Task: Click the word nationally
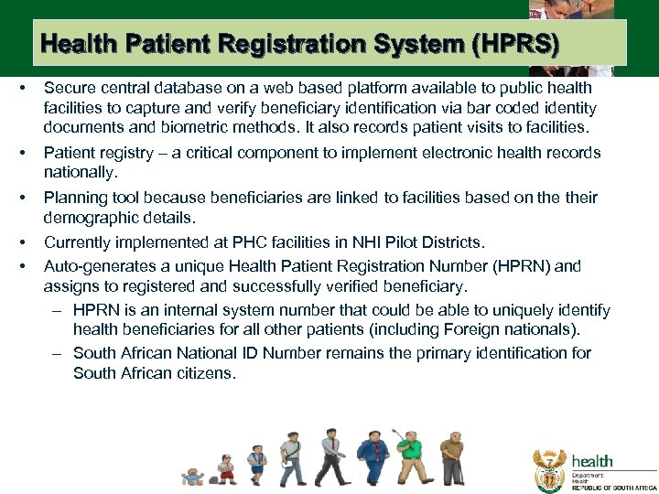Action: [x=79, y=172]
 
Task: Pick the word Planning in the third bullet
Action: [x=74, y=198]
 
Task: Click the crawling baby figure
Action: [x=193, y=476]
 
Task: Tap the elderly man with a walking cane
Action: [x=451, y=457]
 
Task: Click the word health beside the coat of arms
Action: [x=592, y=461]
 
